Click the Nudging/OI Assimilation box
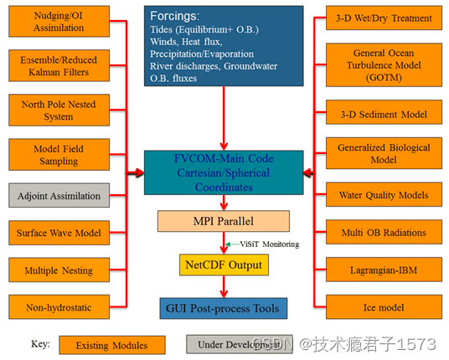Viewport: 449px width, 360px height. tap(59, 22)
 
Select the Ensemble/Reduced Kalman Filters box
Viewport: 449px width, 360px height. tap(59, 66)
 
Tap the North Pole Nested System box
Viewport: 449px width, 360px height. tap(59, 111)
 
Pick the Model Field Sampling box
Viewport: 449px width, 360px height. tap(59, 155)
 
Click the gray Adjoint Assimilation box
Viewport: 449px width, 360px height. tap(59, 198)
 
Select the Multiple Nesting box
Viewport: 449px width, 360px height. tap(59, 271)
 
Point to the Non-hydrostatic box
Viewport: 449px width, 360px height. tap(59, 307)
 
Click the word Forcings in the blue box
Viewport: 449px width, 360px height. tap(173, 16)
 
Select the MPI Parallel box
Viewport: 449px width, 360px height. tap(224, 222)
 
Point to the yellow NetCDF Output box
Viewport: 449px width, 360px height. tap(224, 265)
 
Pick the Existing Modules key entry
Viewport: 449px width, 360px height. tap(112, 344)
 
